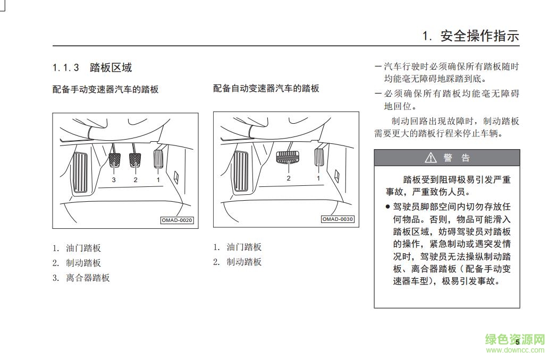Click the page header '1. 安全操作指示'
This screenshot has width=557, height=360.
point(470,36)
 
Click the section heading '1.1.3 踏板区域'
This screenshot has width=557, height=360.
point(92,67)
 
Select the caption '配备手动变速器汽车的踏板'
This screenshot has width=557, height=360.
point(105,89)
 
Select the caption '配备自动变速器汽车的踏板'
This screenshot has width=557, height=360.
point(266,88)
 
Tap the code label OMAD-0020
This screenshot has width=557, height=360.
point(177,220)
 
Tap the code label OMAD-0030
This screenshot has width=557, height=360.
point(337,219)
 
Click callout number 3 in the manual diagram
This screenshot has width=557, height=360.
point(114,180)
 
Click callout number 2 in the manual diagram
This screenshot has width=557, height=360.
point(136,180)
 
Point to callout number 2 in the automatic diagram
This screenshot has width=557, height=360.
point(289,178)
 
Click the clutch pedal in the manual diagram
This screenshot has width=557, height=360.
point(114,159)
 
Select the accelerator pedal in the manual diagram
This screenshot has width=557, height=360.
point(158,158)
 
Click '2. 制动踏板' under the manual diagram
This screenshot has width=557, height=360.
point(77,263)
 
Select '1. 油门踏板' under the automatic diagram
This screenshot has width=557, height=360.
point(238,247)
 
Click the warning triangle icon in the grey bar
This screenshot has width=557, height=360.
point(430,158)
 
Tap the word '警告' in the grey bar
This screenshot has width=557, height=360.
point(457,158)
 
